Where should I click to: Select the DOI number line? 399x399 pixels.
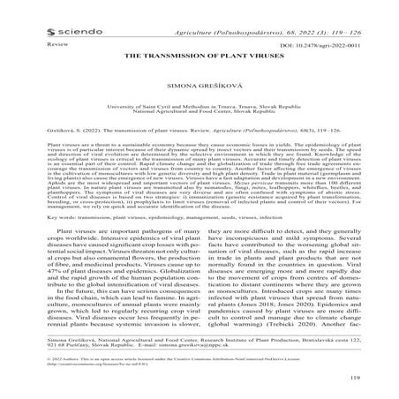[x=323, y=41]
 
